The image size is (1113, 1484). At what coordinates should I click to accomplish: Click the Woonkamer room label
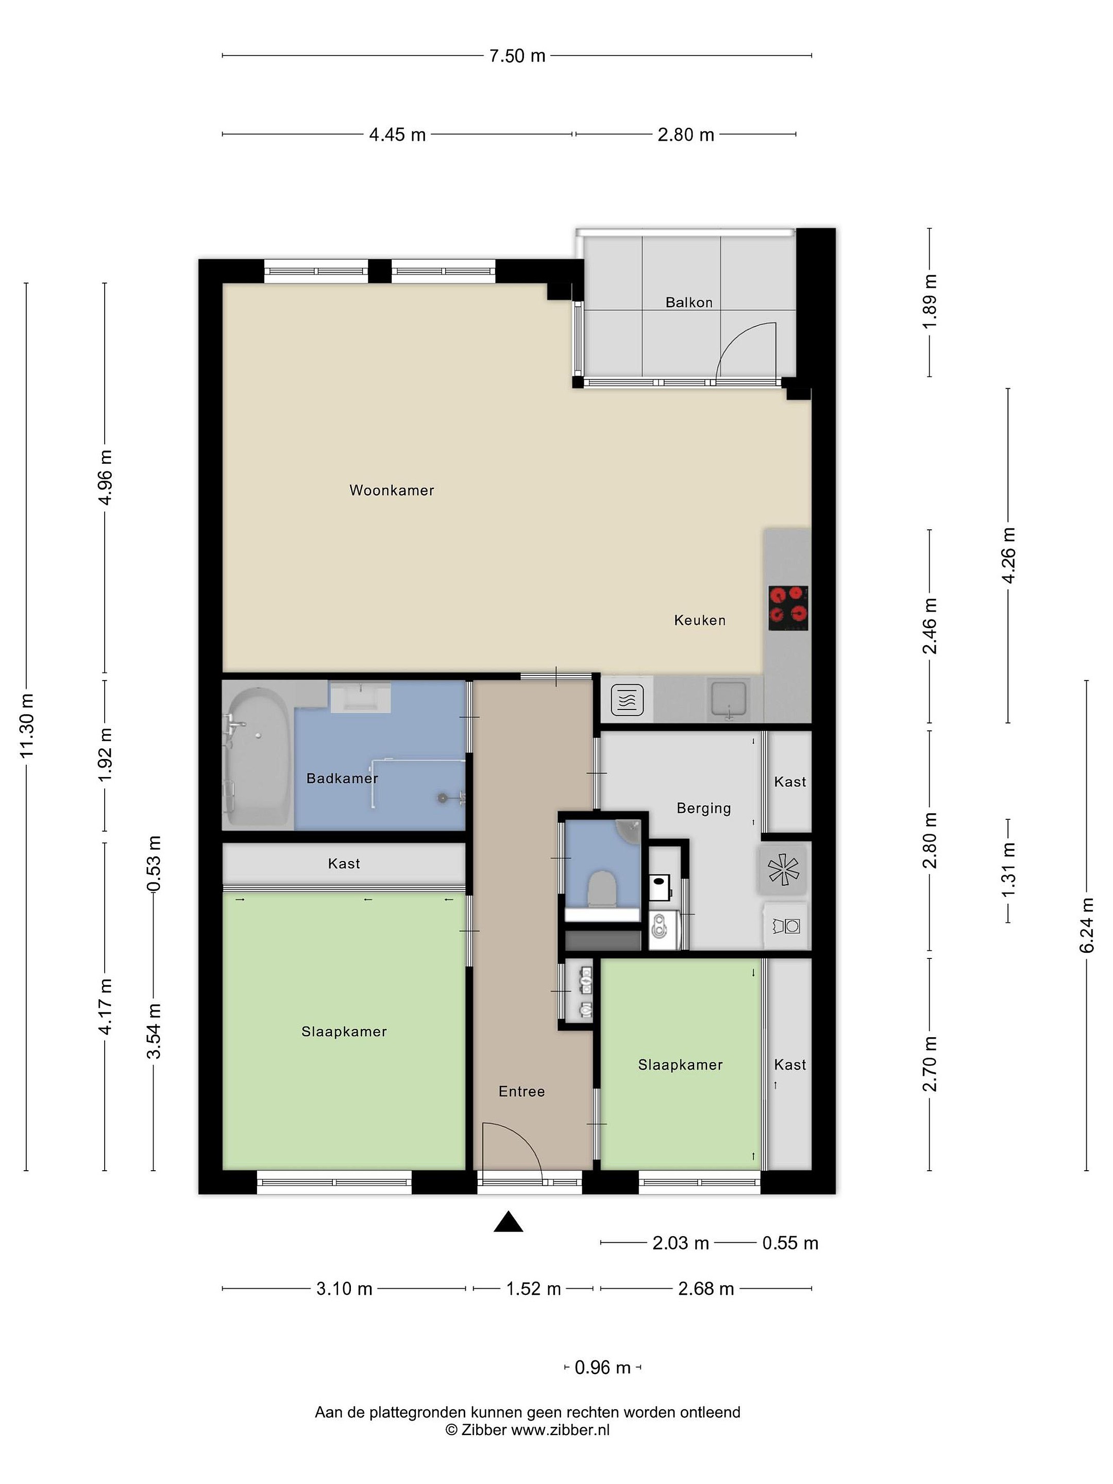(x=391, y=491)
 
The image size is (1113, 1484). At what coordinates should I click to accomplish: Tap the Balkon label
(x=688, y=302)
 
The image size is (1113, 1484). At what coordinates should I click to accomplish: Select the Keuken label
(x=700, y=620)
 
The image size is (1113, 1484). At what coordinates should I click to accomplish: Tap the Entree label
(x=521, y=1091)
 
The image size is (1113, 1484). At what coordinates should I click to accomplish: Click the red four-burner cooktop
(x=788, y=608)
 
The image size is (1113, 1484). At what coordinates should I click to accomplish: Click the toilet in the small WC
(x=602, y=889)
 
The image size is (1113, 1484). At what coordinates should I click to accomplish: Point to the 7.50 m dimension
(x=517, y=56)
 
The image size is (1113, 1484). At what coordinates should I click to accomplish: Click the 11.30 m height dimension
(x=27, y=727)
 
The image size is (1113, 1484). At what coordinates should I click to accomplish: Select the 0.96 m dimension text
(x=602, y=1367)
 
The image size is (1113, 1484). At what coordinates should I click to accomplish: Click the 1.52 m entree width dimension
(x=533, y=1289)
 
